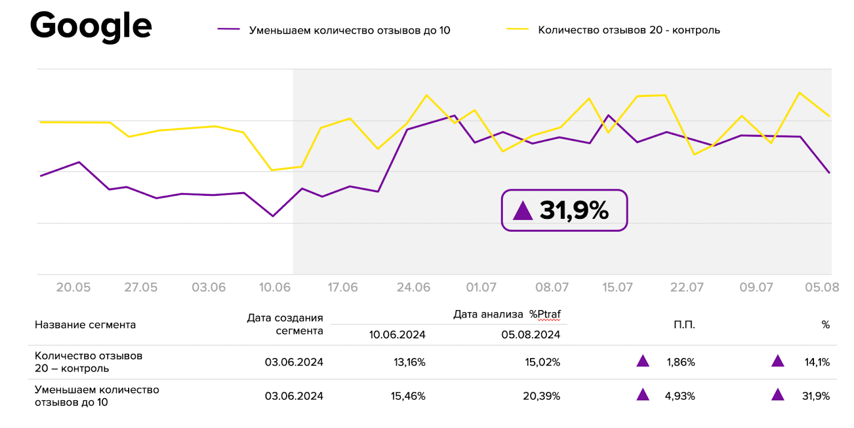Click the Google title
[91, 26]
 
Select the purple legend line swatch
[228, 29]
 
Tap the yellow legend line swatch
[517, 29]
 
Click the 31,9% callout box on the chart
[564, 210]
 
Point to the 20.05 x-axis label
[73, 287]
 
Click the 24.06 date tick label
[413, 287]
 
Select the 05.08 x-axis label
[822, 287]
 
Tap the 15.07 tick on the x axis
[618, 287]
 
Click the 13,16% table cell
[409, 362]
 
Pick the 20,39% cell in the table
[541, 396]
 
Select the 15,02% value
[542, 362]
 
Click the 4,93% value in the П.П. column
[679, 396]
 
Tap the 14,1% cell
[817, 362]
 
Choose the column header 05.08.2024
[531, 335]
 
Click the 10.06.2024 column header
[397, 335]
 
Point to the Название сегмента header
[85, 324]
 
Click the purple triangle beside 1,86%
[643, 361]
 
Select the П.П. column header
[684, 324]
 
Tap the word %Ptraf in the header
[545, 314]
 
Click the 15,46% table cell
[408, 396]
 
